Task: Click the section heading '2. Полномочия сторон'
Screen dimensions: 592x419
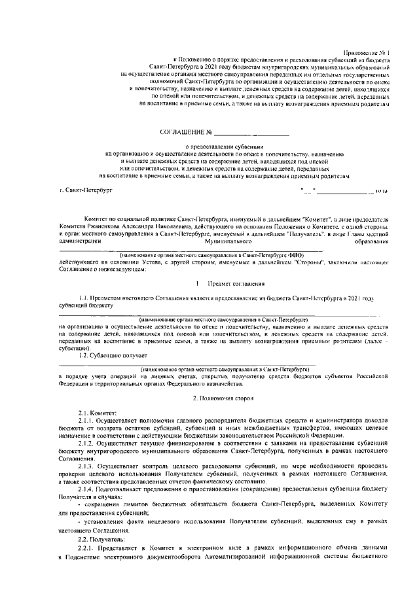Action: [x=225, y=398]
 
